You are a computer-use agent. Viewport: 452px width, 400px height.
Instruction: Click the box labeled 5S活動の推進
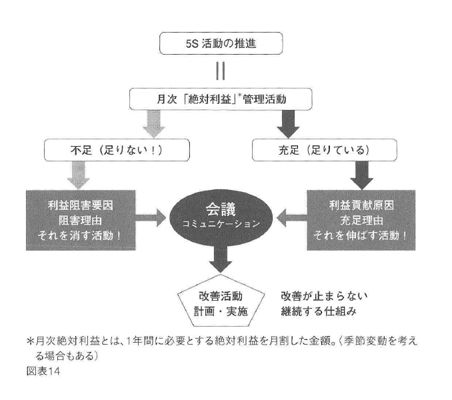[x=225, y=45]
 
